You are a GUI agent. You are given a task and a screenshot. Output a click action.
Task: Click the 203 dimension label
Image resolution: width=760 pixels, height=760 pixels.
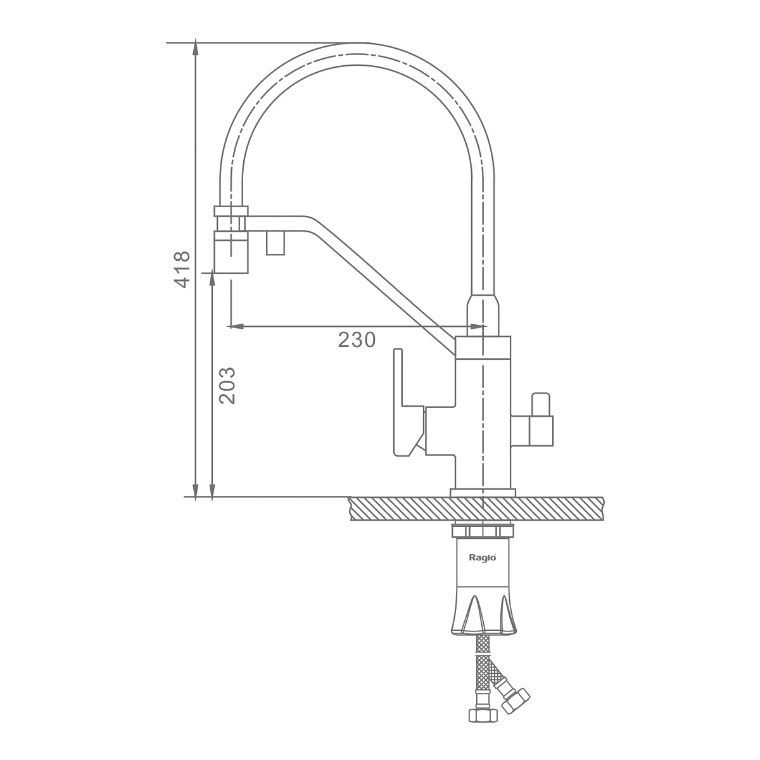click(x=227, y=386)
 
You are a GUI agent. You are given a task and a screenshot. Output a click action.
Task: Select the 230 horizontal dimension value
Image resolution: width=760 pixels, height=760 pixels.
click(x=357, y=339)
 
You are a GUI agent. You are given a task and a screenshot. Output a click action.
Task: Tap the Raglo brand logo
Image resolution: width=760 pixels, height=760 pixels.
click(x=483, y=557)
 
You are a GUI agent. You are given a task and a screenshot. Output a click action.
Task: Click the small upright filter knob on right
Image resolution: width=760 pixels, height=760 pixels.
click(x=540, y=404)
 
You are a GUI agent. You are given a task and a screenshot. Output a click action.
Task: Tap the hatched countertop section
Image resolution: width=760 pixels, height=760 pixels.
click(x=476, y=509)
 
